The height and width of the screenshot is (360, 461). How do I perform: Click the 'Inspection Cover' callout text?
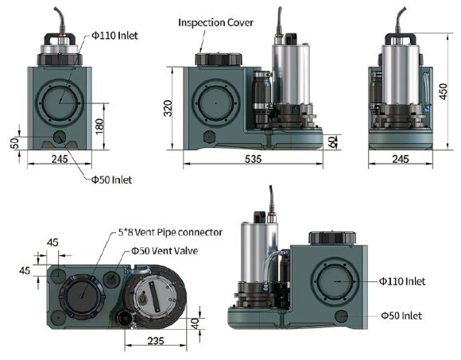click(x=216, y=22)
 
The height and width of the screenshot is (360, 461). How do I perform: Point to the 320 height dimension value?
click(x=169, y=108)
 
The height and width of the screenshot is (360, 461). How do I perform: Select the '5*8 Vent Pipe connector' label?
click(x=165, y=232)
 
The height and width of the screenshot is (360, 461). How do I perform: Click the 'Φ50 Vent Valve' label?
click(x=165, y=250)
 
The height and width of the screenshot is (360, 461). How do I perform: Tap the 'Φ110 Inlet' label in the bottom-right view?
click(x=403, y=281)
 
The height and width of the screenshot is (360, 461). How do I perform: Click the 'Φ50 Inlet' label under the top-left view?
click(x=112, y=180)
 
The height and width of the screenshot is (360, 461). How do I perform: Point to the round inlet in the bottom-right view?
click(x=335, y=282)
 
